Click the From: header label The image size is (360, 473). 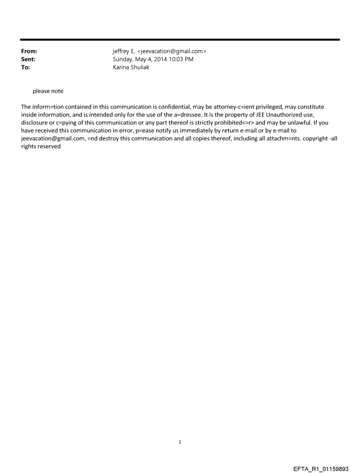(x=29, y=51)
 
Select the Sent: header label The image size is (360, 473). (x=28, y=59)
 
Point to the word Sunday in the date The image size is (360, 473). (x=124, y=59)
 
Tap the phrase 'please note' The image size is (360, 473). (x=48, y=91)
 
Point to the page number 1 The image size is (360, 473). (x=180, y=442)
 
